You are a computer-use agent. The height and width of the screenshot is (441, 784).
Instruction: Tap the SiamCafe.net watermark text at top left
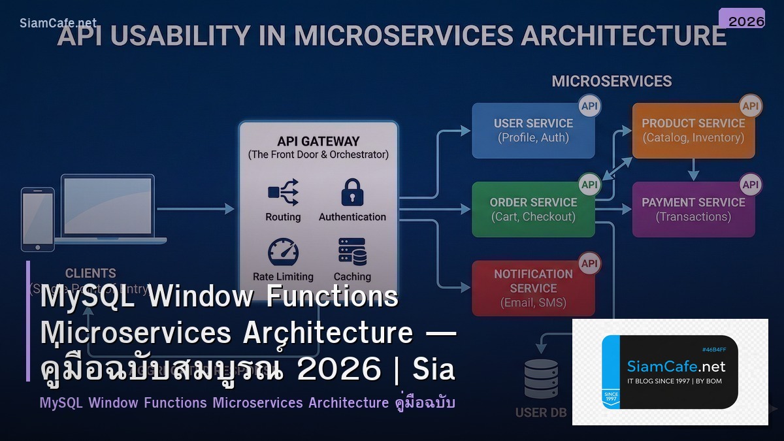pyautogui.click(x=58, y=23)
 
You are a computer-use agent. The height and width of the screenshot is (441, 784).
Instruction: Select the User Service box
pyautogui.click(x=533, y=130)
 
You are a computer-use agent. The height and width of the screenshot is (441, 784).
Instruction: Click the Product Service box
pyautogui.click(x=693, y=130)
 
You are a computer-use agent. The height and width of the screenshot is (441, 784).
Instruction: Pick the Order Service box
pyautogui.click(x=533, y=209)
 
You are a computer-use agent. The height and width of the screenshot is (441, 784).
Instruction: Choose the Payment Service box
pyautogui.click(x=693, y=209)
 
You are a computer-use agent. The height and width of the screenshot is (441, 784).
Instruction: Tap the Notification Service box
pyautogui.click(x=533, y=288)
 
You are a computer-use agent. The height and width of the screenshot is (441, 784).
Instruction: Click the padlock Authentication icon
pyautogui.click(x=352, y=193)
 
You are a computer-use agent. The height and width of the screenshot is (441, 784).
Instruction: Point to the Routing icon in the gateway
pyautogui.click(x=283, y=193)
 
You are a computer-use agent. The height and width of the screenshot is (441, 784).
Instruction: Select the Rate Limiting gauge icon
pyautogui.click(x=283, y=252)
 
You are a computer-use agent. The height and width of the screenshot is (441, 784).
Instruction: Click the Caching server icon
pyautogui.click(x=352, y=252)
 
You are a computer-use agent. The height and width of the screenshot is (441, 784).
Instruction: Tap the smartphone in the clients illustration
pyautogui.click(x=37, y=219)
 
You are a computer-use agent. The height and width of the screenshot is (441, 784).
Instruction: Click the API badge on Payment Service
pyautogui.click(x=751, y=184)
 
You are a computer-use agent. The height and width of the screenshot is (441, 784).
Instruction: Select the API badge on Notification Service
pyautogui.click(x=589, y=263)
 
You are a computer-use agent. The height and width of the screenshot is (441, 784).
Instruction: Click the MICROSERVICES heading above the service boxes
pyautogui.click(x=612, y=81)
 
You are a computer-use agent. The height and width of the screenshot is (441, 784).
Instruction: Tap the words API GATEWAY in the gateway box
pyautogui.click(x=318, y=141)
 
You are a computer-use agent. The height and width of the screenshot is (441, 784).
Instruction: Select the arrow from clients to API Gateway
pyautogui.click(x=196, y=209)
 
